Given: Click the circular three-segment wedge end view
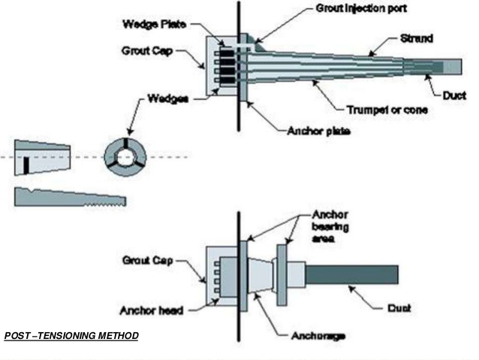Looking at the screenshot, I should click(122, 156).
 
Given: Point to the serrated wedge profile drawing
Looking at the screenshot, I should click(71, 197).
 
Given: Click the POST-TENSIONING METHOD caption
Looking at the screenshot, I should click(71, 335).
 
